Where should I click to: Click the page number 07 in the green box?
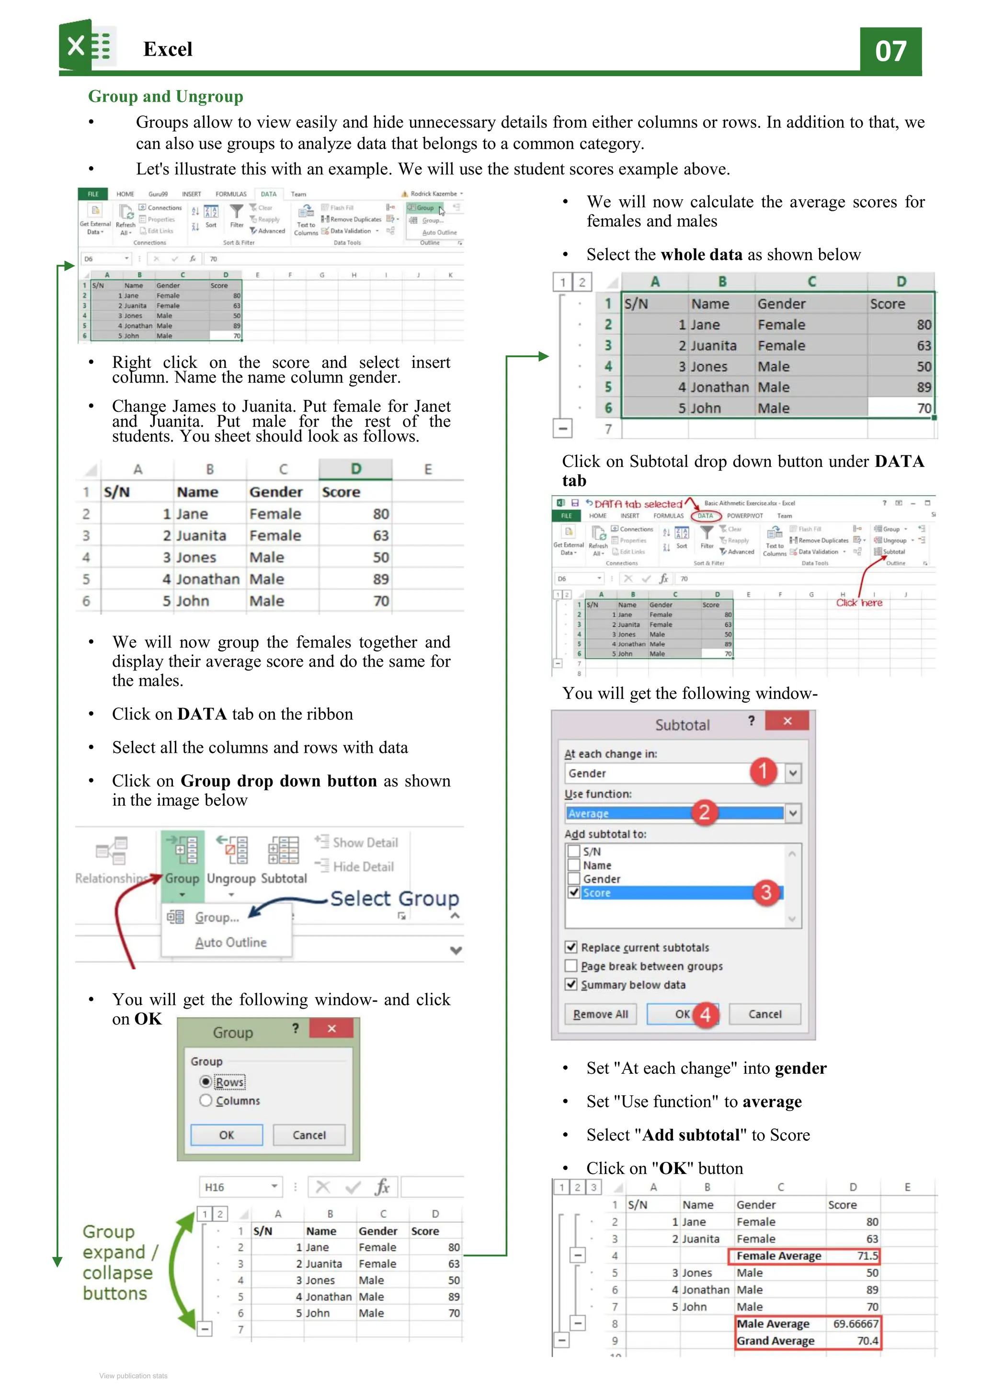890,51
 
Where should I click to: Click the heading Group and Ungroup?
166,97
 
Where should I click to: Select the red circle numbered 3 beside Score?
765,892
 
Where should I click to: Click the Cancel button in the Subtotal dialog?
764,1014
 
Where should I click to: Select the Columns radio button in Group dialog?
206,1101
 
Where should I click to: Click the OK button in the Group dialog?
227,1135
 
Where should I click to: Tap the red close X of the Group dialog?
331,1029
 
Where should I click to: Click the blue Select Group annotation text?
394,898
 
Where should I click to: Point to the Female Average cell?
778,1256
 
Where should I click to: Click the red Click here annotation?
858,603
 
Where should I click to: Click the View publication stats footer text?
134,1376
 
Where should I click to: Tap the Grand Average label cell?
775,1341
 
